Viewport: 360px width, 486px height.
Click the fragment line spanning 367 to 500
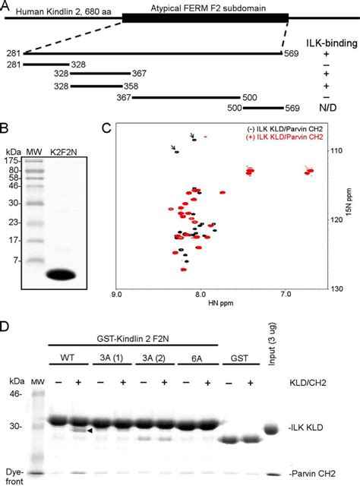187,98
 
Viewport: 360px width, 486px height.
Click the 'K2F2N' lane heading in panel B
67,153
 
